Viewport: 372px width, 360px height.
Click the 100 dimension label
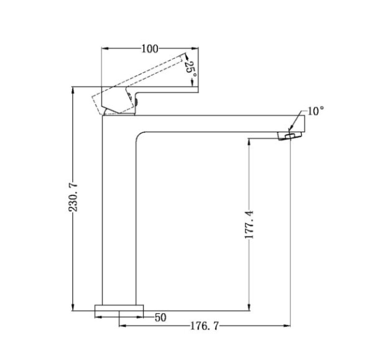coord(150,49)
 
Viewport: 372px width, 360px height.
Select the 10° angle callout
coord(315,111)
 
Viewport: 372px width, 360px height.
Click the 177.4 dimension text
coord(249,225)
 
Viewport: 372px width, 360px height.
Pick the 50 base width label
coord(161,318)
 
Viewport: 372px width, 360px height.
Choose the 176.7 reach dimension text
coord(204,326)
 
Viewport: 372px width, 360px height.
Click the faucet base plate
coord(119,308)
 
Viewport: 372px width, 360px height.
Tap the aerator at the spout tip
coord(289,136)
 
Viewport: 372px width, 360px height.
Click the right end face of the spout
coord(304,124)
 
